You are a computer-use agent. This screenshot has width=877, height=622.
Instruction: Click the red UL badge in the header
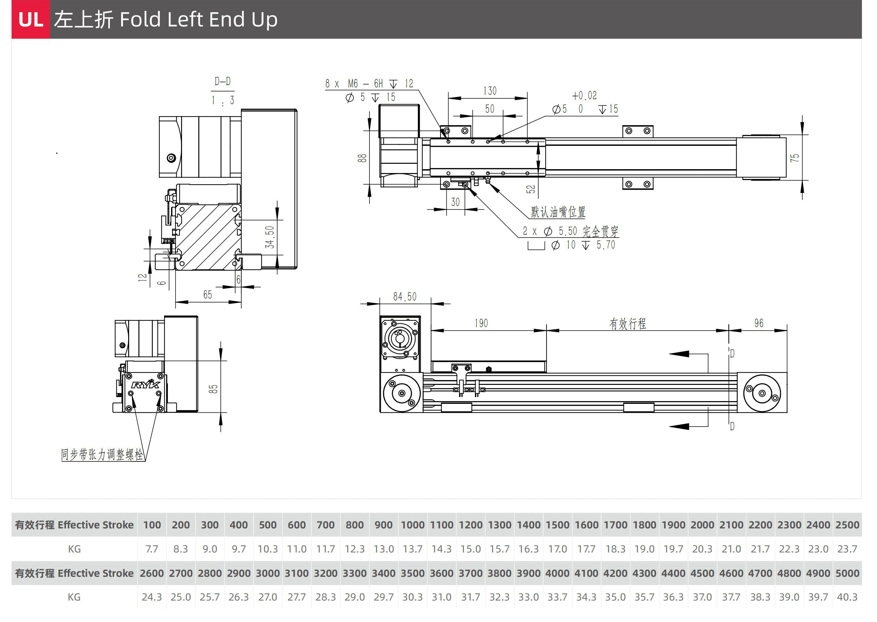coord(31,19)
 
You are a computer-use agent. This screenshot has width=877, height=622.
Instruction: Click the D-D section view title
coord(222,81)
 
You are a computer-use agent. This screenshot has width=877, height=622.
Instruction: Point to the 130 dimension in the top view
coord(490,91)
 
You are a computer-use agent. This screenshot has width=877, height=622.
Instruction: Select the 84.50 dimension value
coord(404,296)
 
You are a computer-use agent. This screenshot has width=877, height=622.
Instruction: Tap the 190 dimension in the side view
coord(481,323)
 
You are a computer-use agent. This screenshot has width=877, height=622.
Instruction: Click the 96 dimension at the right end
coord(759,323)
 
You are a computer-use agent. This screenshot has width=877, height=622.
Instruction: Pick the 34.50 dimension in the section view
coord(269,237)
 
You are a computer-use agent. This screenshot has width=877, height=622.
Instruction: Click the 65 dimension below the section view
coord(208,294)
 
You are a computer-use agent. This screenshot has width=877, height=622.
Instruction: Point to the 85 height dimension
coord(213,389)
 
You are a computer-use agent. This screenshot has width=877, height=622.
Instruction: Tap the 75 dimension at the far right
coord(795,157)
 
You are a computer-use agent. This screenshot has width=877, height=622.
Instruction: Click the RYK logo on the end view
coord(145,384)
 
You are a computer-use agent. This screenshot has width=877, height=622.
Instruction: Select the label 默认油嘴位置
coord(558,212)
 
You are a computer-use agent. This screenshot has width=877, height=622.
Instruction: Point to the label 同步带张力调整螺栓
coord(102,455)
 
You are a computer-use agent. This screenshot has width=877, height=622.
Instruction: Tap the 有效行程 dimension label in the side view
coord(628,324)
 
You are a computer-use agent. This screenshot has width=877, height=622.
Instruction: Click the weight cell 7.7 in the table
coord(152,549)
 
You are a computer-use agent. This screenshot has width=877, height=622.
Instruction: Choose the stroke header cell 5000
coord(847,573)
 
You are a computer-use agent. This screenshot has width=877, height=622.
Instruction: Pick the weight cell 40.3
coord(847,597)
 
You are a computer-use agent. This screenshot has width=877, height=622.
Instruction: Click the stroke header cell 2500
coord(847,525)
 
